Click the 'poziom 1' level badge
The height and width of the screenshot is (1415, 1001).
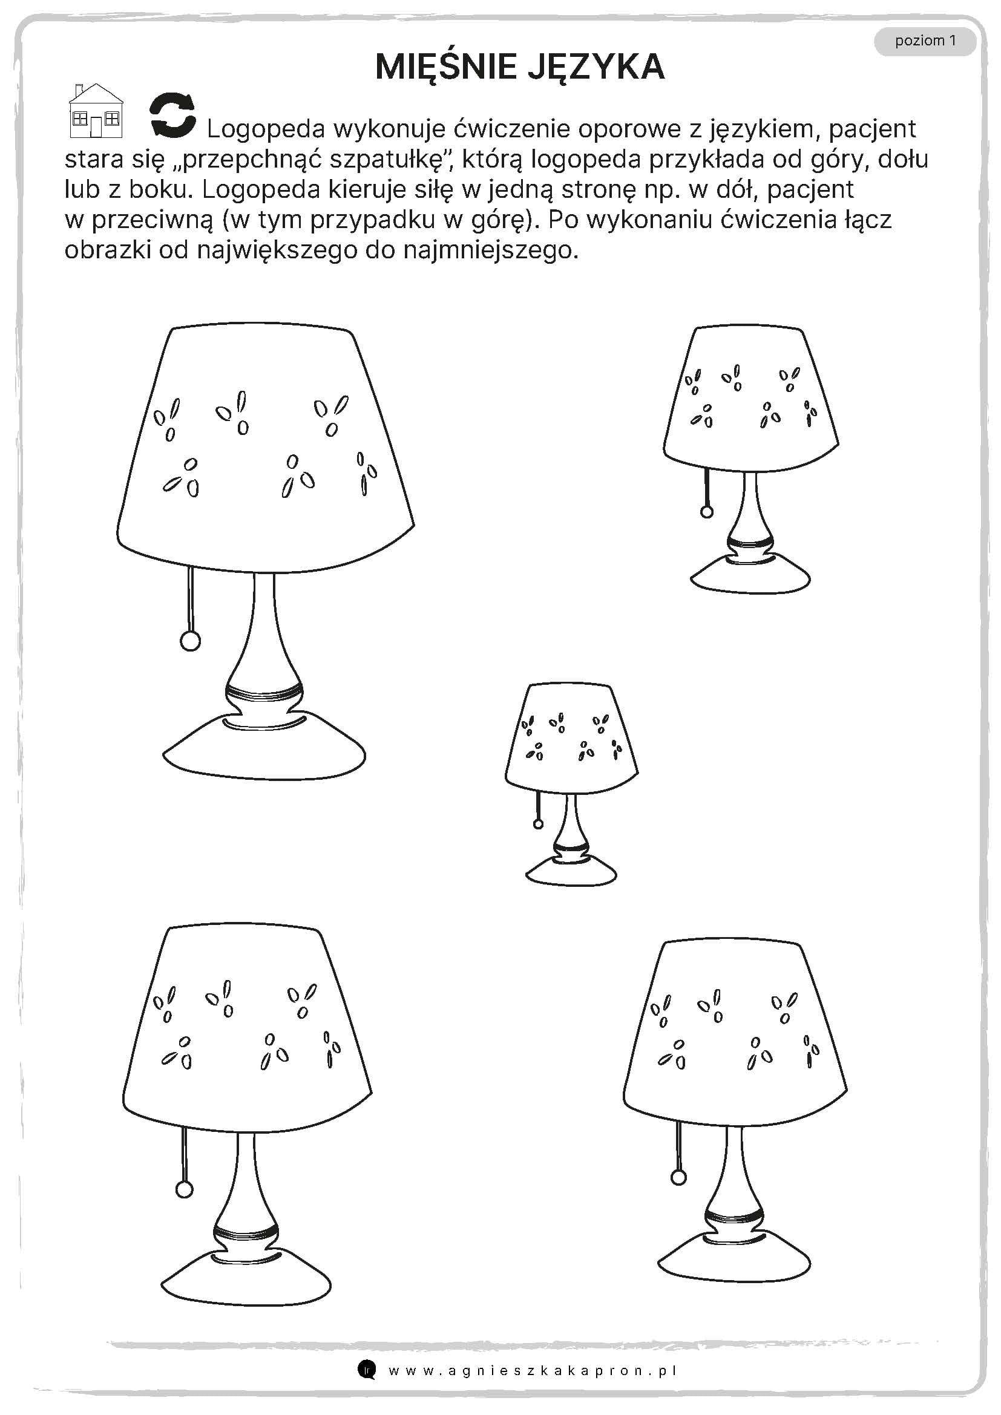click(925, 41)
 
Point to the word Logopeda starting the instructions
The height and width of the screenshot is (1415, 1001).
click(266, 129)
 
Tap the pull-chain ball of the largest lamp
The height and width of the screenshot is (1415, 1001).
click(190, 641)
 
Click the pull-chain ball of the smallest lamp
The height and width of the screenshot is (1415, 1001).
click(538, 823)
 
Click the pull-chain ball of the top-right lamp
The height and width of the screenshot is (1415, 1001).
click(707, 511)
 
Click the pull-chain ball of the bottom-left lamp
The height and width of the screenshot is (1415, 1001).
click(184, 1189)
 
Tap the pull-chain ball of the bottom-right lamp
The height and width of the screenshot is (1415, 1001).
click(678, 1178)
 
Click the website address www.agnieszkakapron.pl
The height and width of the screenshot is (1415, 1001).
click(533, 1371)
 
